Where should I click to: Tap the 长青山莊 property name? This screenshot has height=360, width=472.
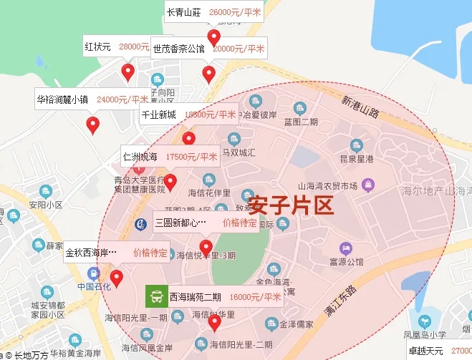pos(184,12)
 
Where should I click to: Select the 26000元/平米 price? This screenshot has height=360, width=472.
pos(235,12)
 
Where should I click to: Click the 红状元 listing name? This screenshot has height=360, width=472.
pos(97,47)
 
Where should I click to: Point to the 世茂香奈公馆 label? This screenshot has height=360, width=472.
pos(178,49)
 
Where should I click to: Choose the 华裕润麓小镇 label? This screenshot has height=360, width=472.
pos(62,99)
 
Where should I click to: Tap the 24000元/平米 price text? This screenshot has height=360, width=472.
pos(122,99)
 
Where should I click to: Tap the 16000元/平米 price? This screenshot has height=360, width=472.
pos(255,297)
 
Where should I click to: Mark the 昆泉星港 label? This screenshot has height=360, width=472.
pos(357,158)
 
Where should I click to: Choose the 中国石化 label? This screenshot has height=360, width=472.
pos(92,286)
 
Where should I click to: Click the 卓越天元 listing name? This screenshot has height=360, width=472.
pos(426,351)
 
